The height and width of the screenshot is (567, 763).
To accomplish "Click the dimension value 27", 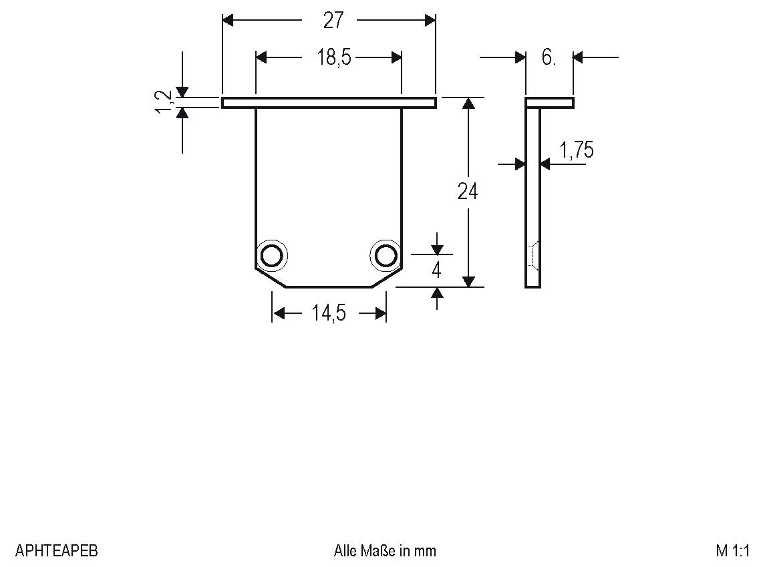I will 333,21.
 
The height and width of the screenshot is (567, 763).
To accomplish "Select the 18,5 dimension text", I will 333,58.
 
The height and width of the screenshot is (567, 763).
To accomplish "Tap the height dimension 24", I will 468,192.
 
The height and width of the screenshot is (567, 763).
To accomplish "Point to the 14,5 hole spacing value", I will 328,313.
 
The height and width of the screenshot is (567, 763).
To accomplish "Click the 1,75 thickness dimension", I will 576,151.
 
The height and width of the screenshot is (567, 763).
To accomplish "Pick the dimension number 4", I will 436,271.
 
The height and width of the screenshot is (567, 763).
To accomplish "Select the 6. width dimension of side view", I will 549,58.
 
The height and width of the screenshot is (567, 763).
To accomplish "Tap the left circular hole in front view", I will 272,255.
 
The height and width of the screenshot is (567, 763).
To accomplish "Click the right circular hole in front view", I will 386,255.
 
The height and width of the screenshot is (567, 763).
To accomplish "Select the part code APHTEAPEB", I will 56,551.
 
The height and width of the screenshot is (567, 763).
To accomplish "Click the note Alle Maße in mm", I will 385,551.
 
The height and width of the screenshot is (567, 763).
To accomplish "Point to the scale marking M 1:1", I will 733,551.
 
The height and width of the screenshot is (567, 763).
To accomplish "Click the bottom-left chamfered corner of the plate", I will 271,278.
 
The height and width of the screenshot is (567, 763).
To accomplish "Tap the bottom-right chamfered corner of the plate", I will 387,278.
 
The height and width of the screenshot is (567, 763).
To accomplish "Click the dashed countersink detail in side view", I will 532,255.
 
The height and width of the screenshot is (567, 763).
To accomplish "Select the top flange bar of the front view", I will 329,103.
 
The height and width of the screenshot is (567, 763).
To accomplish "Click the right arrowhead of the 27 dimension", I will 430,21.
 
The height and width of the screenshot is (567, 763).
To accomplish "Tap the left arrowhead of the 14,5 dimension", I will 278,313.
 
